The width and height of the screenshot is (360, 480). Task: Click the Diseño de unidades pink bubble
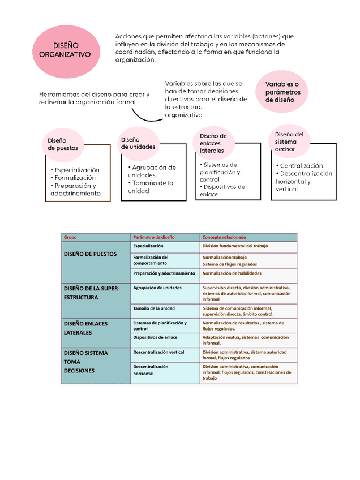[x=138, y=143]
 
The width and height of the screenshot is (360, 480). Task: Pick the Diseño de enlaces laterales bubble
[x=213, y=143]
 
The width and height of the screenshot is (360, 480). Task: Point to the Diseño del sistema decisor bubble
[x=289, y=141]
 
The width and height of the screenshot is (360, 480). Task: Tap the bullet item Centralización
[x=301, y=166]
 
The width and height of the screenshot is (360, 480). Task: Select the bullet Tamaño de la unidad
[x=151, y=187]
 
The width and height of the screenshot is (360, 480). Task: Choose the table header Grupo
[x=70, y=237]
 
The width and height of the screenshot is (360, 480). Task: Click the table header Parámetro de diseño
[x=154, y=237]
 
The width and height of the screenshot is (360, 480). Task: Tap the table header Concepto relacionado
[x=224, y=237]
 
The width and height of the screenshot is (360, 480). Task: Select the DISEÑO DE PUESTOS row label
[x=91, y=254]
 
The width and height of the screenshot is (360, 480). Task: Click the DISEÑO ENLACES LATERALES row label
[x=86, y=328]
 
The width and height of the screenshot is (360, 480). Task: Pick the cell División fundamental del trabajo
[x=235, y=246]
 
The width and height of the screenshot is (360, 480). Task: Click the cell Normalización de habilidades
[x=232, y=273]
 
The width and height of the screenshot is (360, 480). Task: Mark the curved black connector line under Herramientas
[x=149, y=116]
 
